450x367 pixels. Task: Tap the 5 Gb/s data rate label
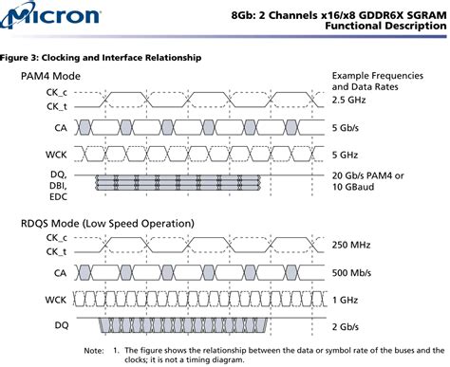347,125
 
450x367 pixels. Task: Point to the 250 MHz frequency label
352,245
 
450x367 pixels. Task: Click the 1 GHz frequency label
347,299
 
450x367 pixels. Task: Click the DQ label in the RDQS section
61,325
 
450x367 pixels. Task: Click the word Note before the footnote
94,350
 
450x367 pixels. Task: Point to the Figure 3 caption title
101,58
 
